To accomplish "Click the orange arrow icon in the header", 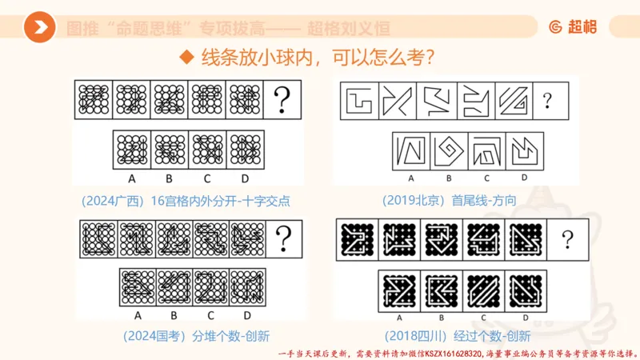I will coord(39,28).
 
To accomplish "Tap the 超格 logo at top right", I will coord(573,27).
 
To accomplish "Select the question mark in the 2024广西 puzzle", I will coord(282,101).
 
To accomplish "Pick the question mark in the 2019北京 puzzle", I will coord(547,101).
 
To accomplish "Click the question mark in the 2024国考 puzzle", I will coord(282,236).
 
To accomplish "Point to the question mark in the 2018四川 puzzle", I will coord(567,238).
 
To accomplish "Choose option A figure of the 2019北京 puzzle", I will coord(411,150).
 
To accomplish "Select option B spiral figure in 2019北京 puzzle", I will coord(448,150).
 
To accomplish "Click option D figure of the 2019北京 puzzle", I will coord(524,150).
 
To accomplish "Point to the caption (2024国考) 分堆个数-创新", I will coord(187,336).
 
